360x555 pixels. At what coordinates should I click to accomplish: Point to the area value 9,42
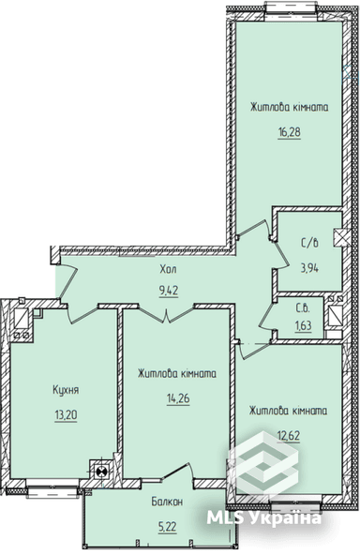[x=170, y=290]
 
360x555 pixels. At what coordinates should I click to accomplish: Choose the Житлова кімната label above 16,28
[x=289, y=107]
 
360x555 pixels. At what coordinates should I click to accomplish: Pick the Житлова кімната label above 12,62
[x=287, y=411]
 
